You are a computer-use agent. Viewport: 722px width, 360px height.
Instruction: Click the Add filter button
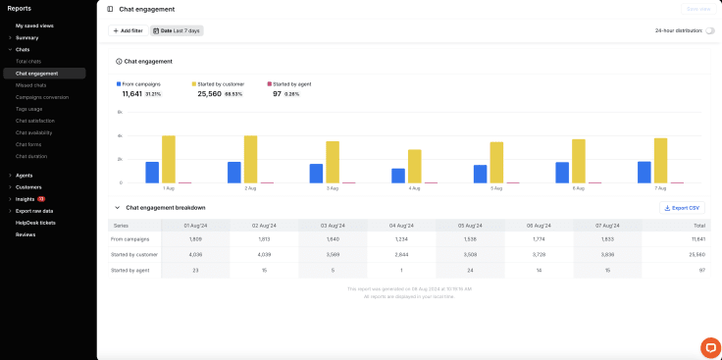click(128, 30)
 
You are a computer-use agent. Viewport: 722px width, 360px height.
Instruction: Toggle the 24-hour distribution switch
click(709, 30)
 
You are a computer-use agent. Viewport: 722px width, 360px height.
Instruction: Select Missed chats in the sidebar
click(31, 85)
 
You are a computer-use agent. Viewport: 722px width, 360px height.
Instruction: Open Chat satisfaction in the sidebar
click(36, 121)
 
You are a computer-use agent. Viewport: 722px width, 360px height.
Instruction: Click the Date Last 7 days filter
click(177, 30)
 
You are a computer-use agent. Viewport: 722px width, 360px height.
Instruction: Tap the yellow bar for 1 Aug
click(169, 159)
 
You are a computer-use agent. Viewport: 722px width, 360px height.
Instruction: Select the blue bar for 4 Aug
click(398, 175)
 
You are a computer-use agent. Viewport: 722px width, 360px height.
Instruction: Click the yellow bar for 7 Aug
click(660, 160)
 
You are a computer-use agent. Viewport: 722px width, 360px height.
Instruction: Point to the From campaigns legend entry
click(140, 84)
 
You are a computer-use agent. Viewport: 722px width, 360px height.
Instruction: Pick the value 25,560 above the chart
click(209, 94)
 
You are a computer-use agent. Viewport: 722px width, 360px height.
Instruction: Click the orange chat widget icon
click(709, 347)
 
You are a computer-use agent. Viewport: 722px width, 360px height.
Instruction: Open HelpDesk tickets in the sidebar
click(35, 223)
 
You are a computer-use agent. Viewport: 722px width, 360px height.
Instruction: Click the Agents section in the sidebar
click(24, 176)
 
